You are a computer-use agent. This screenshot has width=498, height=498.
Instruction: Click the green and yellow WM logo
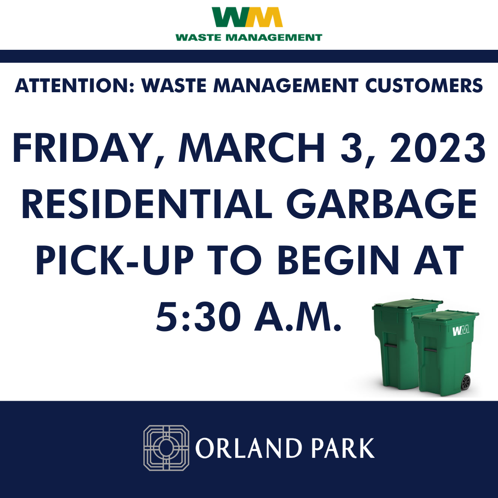(247, 17)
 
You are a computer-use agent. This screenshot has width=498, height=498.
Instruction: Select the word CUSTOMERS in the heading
(424, 85)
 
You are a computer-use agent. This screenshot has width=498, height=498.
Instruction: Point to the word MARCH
(252, 148)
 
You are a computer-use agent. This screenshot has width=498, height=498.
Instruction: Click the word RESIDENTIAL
(147, 204)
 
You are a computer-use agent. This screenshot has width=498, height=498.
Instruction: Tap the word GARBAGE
(381, 204)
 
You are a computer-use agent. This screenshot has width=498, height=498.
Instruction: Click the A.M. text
(297, 316)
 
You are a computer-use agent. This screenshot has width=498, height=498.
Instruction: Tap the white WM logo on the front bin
(461, 330)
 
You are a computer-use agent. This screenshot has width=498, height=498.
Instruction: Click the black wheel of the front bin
(466, 382)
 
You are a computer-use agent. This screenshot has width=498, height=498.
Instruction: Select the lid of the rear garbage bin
(408, 303)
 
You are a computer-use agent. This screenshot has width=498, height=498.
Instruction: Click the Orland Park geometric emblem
(166, 448)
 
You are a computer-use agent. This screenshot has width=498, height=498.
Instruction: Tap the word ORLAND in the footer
(249, 448)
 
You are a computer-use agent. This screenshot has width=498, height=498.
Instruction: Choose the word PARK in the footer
(343, 448)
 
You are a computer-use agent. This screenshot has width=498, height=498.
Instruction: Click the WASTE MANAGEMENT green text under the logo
(249, 37)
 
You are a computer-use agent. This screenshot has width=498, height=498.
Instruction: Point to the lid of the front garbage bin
(445, 316)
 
